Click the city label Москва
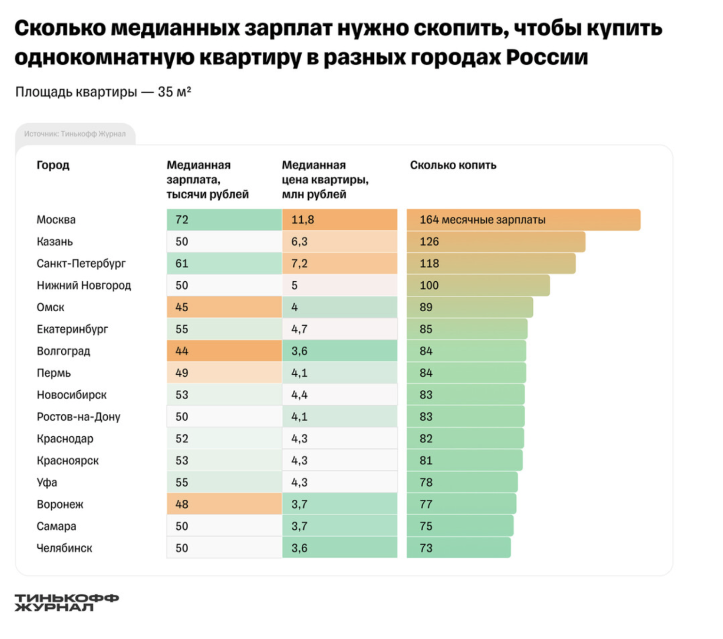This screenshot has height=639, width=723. click(56, 220)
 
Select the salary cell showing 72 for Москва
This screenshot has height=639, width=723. click(224, 220)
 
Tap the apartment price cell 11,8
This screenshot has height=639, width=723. click(339, 220)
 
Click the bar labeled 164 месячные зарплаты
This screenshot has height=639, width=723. click(523, 220)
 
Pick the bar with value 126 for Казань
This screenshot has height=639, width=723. click(496, 242)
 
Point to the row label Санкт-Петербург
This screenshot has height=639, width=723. click(81, 263)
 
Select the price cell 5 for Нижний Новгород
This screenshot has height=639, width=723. click(339, 285)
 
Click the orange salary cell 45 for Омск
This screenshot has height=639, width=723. click(224, 307)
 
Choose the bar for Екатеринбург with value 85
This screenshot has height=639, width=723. click(466, 329)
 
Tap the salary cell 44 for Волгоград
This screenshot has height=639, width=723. click(224, 351)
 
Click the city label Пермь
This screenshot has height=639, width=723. click(54, 373)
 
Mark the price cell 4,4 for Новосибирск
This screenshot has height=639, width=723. click(339, 394)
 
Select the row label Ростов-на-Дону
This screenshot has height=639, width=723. click(79, 417)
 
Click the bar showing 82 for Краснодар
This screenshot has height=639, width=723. click(465, 438)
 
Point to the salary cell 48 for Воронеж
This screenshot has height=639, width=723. click(224, 504)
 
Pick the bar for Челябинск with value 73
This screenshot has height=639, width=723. click(458, 548)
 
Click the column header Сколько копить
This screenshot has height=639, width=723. click(453, 165)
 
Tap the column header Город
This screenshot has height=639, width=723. click(53, 165)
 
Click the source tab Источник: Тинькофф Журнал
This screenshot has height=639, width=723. click(75, 134)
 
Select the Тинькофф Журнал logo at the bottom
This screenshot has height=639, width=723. click(66, 602)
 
